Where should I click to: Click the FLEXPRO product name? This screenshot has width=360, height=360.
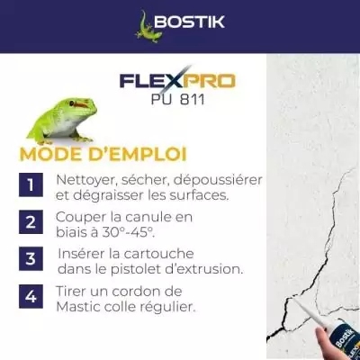[x=176, y=81]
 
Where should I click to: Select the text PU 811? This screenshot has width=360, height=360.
[x=177, y=100]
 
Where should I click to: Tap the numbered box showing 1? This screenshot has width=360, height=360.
[x=31, y=185]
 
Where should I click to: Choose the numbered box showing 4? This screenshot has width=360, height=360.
[x=31, y=296]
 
